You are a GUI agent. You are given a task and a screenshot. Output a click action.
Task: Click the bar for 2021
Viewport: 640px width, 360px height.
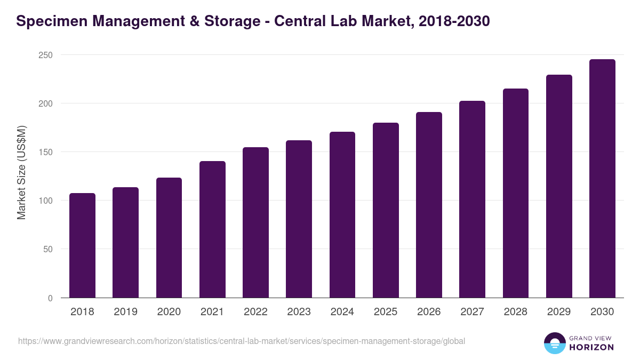coord(212,229)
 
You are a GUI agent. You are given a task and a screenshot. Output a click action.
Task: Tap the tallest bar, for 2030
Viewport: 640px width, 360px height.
coord(602,179)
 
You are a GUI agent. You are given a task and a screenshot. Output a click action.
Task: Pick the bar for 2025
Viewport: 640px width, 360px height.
coord(386,210)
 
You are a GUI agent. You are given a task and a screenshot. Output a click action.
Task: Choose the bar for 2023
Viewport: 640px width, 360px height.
coord(299,219)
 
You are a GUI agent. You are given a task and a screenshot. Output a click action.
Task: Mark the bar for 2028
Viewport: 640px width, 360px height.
coord(515,193)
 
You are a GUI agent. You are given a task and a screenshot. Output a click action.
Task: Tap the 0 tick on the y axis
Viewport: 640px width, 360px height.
coord(50,298)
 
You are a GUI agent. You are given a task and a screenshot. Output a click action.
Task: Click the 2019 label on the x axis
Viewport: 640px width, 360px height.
coord(125,312)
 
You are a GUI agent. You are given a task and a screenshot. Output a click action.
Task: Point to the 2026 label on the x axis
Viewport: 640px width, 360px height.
coord(429,312)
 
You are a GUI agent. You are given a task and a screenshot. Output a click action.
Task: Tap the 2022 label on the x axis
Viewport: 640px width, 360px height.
coord(255,312)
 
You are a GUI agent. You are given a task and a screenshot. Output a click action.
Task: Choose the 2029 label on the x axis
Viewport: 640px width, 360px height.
coord(559,312)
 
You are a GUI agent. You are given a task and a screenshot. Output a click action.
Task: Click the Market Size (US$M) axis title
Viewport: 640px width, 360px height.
coord(22,172)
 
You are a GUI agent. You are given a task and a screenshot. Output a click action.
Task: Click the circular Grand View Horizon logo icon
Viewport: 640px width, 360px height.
coord(554,343)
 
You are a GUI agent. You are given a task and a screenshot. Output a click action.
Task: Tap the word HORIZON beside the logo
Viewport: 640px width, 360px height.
coord(591,347)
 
